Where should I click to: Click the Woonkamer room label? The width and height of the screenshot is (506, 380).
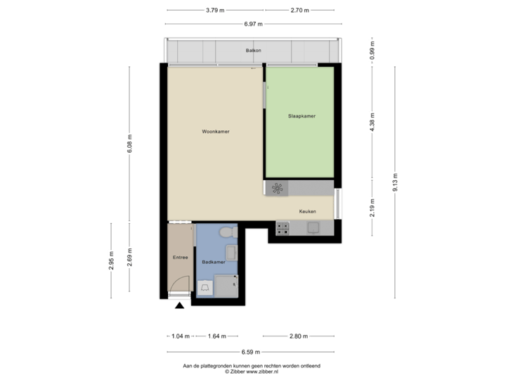216,132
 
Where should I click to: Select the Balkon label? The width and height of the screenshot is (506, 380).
253,51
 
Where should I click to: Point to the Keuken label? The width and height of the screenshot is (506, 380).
307,212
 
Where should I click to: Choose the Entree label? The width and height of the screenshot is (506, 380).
180,258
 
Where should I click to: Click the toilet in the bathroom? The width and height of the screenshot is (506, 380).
227,233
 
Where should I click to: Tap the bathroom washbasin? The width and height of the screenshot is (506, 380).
230,254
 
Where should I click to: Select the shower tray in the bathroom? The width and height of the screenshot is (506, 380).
226,285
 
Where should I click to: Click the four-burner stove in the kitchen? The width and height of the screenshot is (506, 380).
283,227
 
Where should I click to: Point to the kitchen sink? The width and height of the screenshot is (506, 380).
312,227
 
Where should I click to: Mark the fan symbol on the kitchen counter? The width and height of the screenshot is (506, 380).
277,188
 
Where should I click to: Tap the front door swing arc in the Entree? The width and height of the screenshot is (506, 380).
181,284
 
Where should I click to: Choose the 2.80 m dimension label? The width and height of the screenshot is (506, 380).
298,336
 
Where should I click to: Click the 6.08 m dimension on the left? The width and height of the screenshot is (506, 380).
129,146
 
